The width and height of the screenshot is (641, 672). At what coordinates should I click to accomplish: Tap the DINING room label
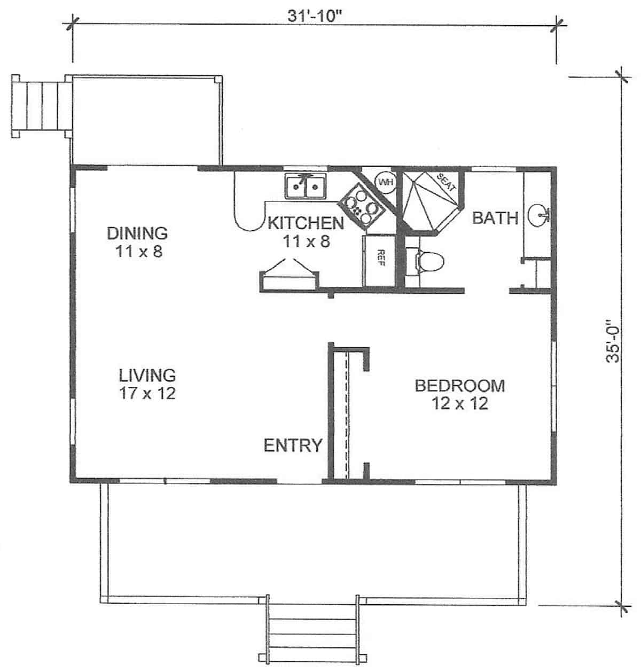[x=137, y=233]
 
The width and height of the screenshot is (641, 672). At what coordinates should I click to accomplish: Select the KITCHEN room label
[x=305, y=222]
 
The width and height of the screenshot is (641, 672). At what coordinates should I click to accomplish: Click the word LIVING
[x=147, y=374]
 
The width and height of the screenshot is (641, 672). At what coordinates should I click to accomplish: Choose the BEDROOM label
[x=459, y=385]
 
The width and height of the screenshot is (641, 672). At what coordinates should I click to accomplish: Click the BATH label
[x=495, y=218]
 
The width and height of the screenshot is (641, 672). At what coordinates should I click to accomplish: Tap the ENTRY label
[x=293, y=445]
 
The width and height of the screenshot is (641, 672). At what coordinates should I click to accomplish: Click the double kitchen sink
[x=305, y=186]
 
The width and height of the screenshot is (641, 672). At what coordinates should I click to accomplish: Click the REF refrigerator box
[x=379, y=260]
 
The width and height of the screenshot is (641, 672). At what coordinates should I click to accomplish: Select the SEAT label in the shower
[x=446, y=183]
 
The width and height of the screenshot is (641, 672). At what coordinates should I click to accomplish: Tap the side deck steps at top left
[x=42, y=104]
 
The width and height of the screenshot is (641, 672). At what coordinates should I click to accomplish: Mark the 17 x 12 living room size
[x=147, y=394]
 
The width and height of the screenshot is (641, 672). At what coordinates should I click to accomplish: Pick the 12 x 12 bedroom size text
[x=459, y=403]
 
